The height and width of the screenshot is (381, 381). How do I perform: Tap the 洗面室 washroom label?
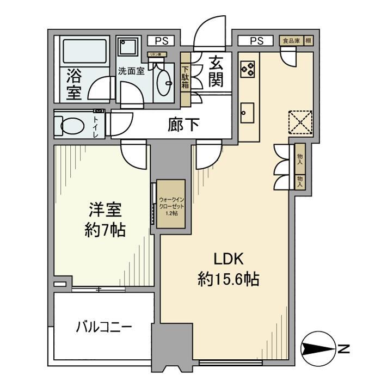pos(131,71)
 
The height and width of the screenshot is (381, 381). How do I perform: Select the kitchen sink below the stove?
pos(248,112)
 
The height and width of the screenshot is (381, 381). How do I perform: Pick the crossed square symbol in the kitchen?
pos(300,122)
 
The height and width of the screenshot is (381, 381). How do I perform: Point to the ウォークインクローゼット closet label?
pos(171,206)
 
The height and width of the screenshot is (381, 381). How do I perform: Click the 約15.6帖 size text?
pos(228,280)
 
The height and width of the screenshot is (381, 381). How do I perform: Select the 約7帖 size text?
pos(106,230)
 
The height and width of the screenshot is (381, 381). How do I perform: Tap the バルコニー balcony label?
pos(103,328)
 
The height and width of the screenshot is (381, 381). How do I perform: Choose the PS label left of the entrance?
pos(160,40)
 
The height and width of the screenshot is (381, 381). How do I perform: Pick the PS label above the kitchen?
pos(257,40)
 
